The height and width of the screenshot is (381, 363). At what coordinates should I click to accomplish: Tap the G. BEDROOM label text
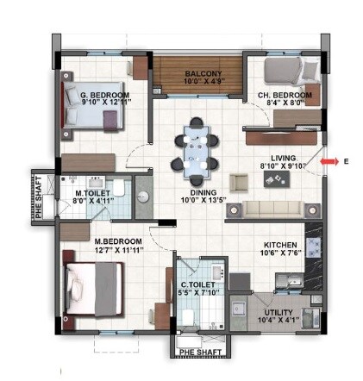[104, 96]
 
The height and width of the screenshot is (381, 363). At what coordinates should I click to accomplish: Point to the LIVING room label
[282, 159]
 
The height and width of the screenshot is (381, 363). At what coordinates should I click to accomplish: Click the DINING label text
[200, 194]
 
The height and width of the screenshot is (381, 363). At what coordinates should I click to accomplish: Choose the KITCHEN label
[281, 245]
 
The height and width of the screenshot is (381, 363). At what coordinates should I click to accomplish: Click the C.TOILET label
[197, 284]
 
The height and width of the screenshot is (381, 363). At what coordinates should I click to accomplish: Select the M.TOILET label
[92, 193]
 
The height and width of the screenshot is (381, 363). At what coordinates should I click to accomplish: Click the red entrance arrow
[327, 160]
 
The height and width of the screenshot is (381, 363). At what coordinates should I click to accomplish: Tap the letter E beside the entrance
[346, 161]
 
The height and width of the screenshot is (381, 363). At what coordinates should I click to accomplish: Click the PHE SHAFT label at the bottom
[199, 352]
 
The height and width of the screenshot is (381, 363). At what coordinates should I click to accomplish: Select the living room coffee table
[278, 178]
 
